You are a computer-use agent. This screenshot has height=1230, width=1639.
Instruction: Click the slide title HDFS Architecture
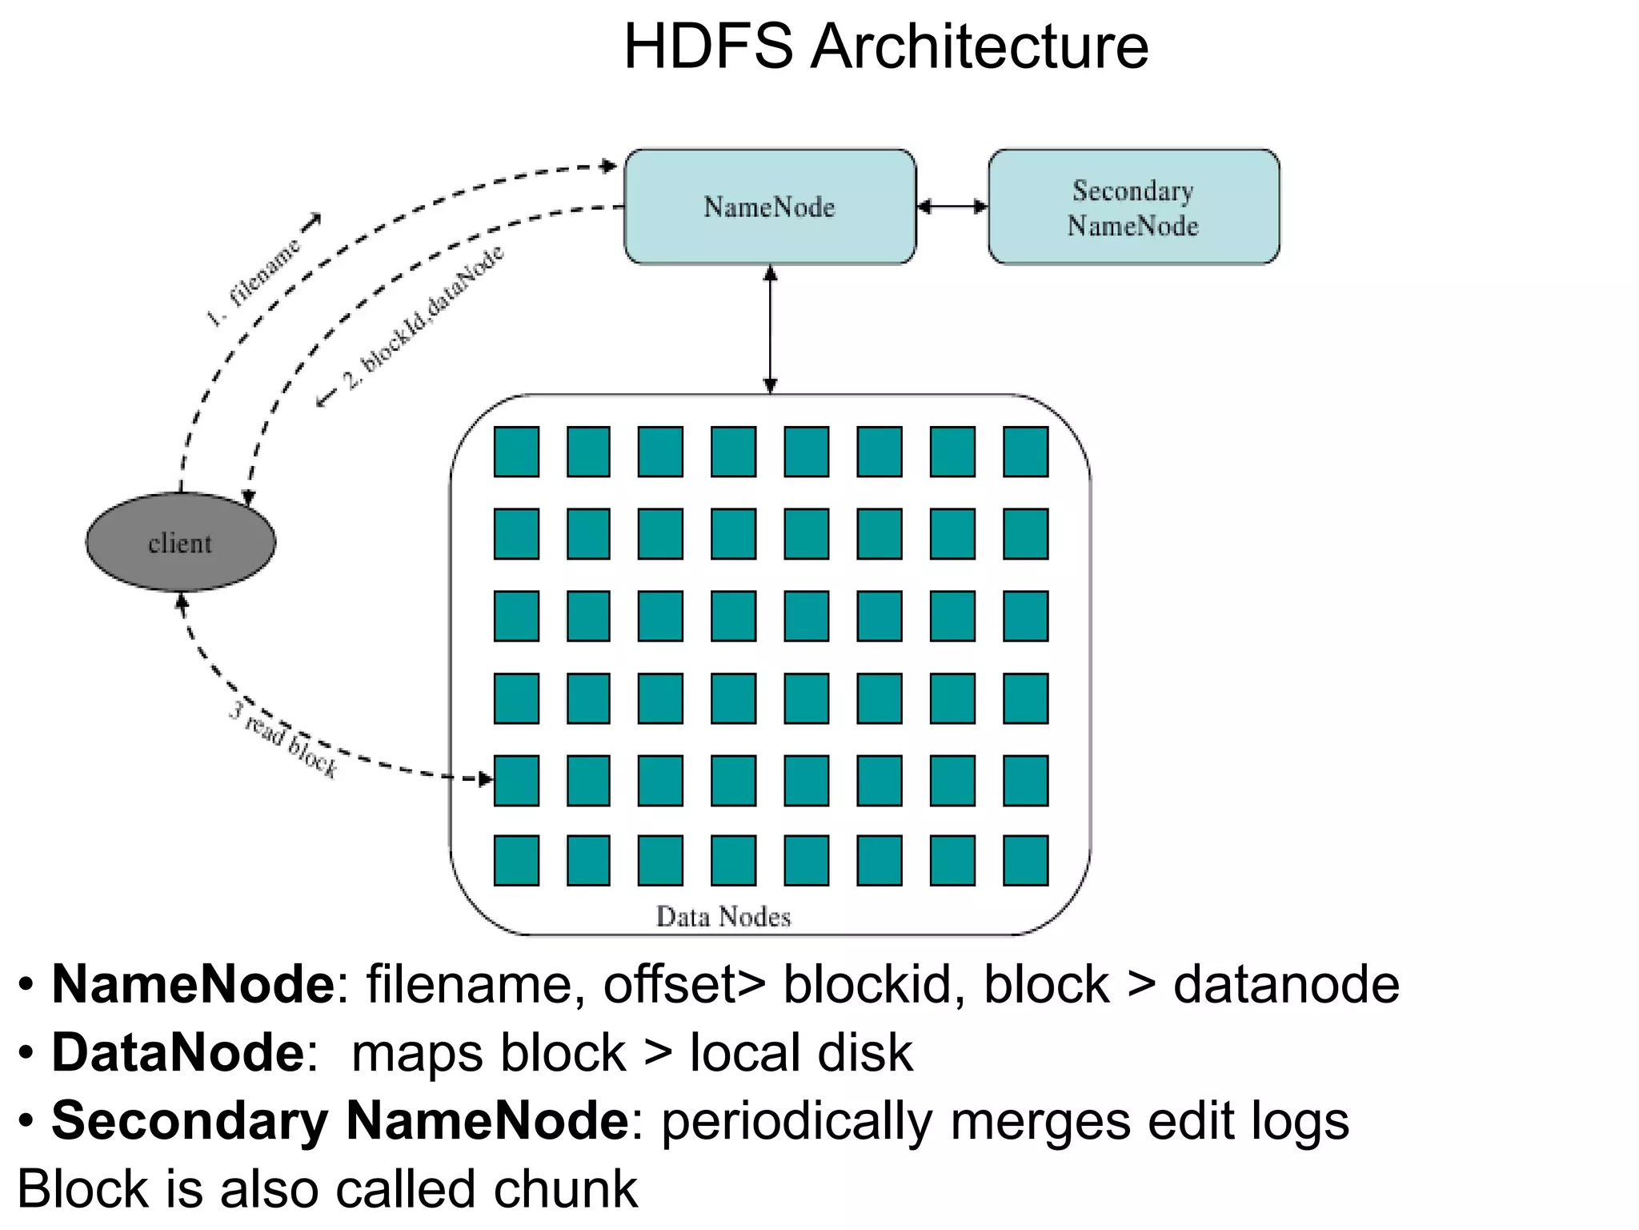[x=885, y=46]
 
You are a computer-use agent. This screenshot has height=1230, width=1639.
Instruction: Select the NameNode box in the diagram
[x=769, y=207]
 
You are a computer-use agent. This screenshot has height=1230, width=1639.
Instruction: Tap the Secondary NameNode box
[x=1133, y=207]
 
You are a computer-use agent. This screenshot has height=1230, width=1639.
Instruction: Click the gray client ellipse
[x=181, y=542]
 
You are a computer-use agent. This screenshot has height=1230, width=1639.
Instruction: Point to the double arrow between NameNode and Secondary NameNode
[x=952, y=207]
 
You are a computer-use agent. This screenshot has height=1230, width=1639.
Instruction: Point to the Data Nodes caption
[x=723, y=916]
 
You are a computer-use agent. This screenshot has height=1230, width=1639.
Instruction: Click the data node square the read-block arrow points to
[x=516, y=780]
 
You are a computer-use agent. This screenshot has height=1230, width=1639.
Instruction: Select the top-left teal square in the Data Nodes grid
[x=516, y=452]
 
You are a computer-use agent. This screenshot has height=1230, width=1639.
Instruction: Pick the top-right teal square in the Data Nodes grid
[x=1025, y=452]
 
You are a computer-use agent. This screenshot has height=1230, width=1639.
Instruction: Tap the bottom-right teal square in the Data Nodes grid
[x=1025, y=860]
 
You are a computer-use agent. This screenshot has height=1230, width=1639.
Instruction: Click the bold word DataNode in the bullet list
[x=178, y=1052]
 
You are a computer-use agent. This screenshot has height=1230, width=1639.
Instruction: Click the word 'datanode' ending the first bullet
[x=1285, y=984]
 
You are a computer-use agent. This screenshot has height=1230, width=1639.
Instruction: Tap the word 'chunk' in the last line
[x=565, y=1188]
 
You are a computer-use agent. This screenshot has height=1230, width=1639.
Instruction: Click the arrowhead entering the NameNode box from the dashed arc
[x=610, y=167]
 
